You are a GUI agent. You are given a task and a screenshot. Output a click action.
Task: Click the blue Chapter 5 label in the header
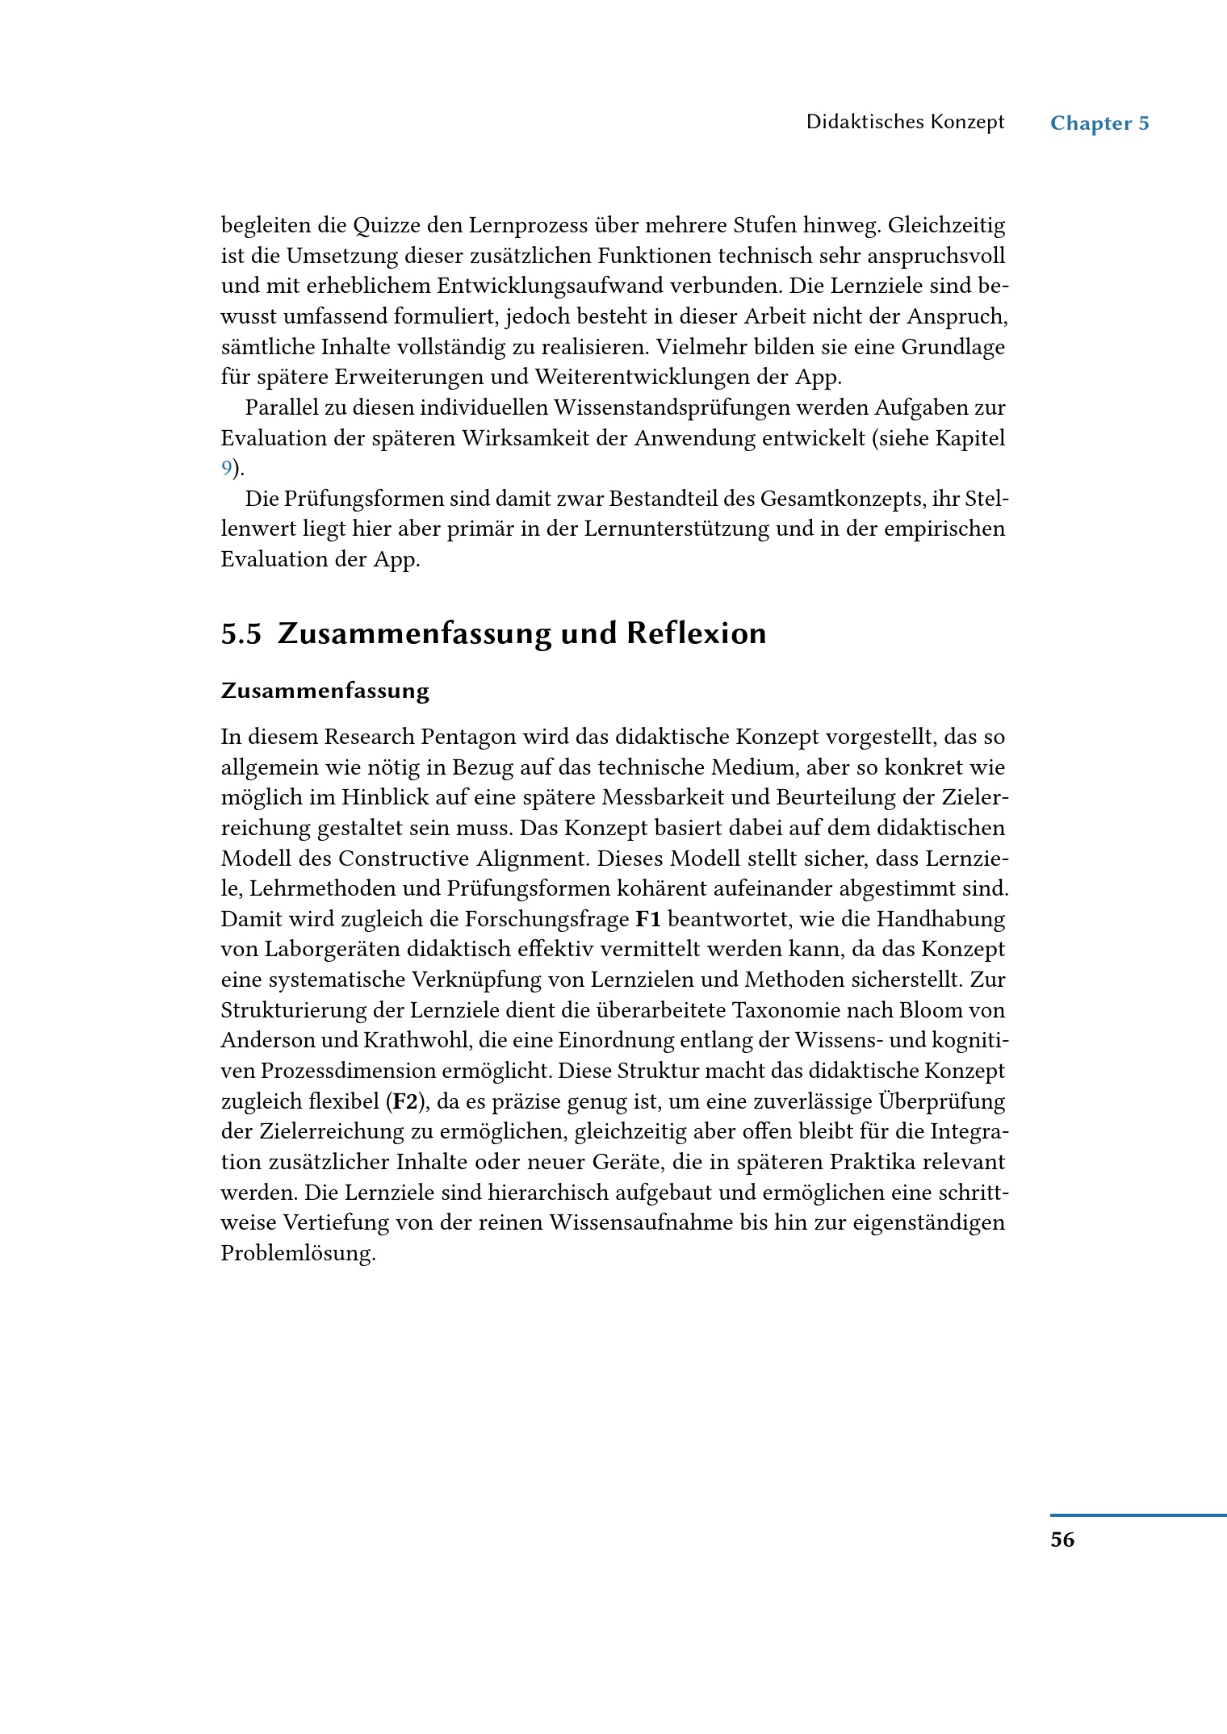point(1099,123)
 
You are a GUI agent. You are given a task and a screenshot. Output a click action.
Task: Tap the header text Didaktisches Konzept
point(905,123)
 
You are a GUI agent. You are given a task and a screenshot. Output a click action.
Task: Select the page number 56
point(1062,1540)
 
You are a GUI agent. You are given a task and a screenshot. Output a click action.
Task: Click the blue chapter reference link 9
point(227,469)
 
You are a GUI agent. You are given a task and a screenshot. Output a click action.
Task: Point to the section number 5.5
point(241,634)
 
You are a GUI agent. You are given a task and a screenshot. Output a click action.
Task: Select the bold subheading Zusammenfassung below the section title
point(325,692)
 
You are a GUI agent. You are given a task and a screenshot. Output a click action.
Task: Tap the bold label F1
point(648,920)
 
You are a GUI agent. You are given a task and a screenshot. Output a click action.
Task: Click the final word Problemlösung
point(298,1254)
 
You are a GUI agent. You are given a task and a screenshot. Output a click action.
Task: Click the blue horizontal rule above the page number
point(1138,1516)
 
